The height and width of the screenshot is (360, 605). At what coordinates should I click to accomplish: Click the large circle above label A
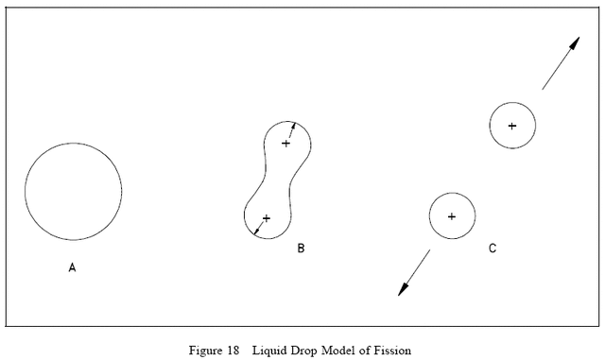pos(73,191)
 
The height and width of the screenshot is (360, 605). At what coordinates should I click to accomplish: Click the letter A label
pos(72,267)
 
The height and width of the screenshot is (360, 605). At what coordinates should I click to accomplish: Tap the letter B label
pos(301,249)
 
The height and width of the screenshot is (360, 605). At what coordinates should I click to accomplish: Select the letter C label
pos(493,249)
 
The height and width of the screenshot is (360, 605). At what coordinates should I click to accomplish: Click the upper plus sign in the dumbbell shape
pos(286,144)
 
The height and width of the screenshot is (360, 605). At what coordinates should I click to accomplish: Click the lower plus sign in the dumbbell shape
pos(266,218)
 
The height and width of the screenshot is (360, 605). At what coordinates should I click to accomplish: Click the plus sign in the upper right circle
pos(512,126)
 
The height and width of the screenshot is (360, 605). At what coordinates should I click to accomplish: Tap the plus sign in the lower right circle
pos(452,216)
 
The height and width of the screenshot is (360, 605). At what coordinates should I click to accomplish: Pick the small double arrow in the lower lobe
pos(256,228)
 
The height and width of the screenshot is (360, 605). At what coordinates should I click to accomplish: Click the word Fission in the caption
pos(392,351)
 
